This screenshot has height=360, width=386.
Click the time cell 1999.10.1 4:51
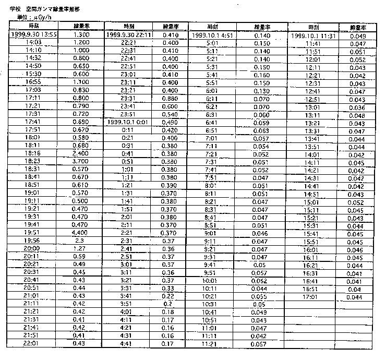click(213, 35)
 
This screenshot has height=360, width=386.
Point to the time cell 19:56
click(33, 241)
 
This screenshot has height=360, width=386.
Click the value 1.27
click(80, 248)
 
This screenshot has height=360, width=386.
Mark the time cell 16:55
click(33, 82)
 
